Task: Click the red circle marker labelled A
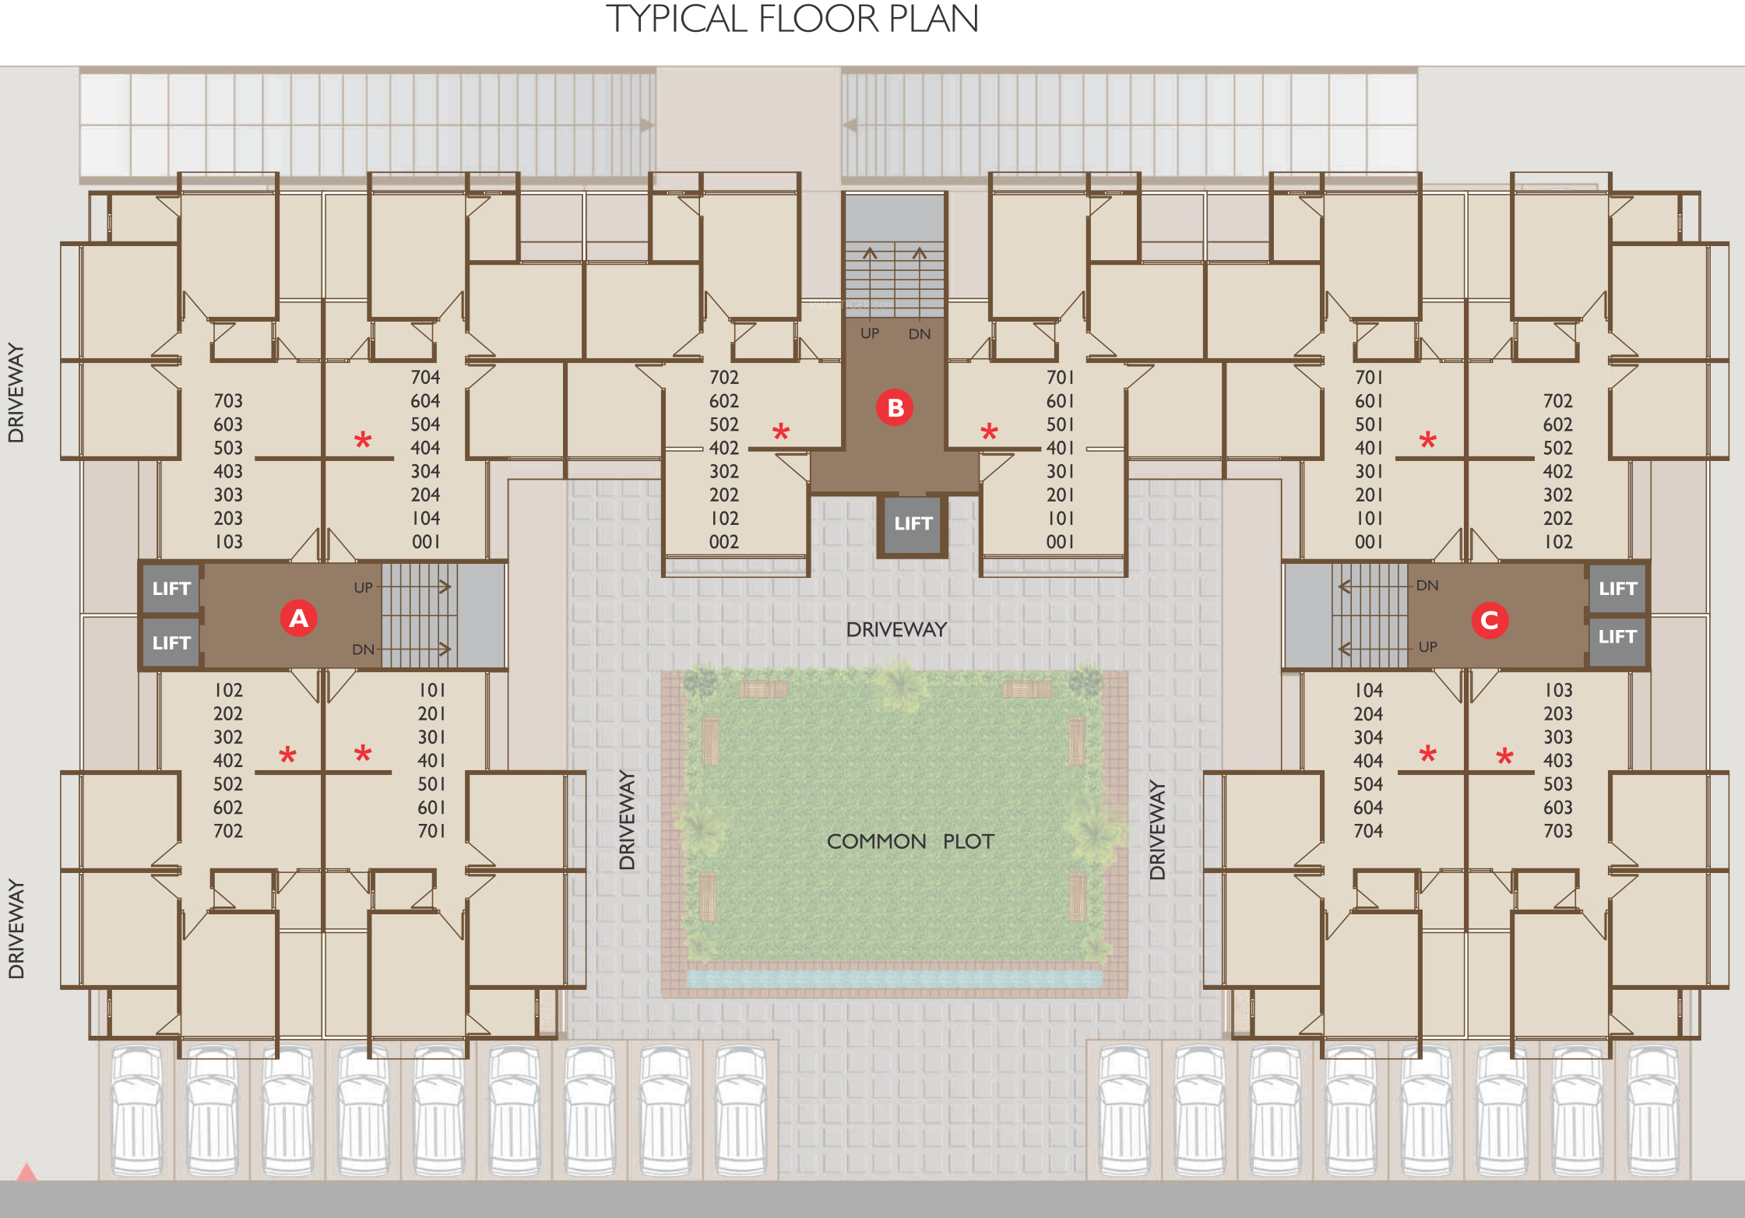(x=298, y=618)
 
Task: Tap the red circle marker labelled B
(x=895, y=407)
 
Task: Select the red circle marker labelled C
(x=1490, y=621)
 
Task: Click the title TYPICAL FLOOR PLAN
(x=792, y=19)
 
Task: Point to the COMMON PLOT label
(x=909, y=841)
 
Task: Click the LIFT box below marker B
(x=913, y=524)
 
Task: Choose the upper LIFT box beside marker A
(x=171, y=589)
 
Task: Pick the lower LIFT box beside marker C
(x=1617, y=637)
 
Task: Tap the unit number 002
(x=723, y=542)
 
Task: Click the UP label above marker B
(x=870, y=333)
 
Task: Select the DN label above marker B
(x=920, y=334)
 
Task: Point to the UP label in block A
(x=363, y=588)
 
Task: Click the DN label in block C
(x=1427, y=586)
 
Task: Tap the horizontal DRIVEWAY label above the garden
(x=896, y=629)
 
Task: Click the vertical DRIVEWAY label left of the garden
(x=628, y=819)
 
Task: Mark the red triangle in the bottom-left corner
(x=26, y=1172)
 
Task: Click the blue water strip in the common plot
(x=894, y=979)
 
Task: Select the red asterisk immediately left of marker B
(x=781, y=431)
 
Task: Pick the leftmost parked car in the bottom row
(x=137, y=1110)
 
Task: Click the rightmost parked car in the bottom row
(x=1652, y=1110)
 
